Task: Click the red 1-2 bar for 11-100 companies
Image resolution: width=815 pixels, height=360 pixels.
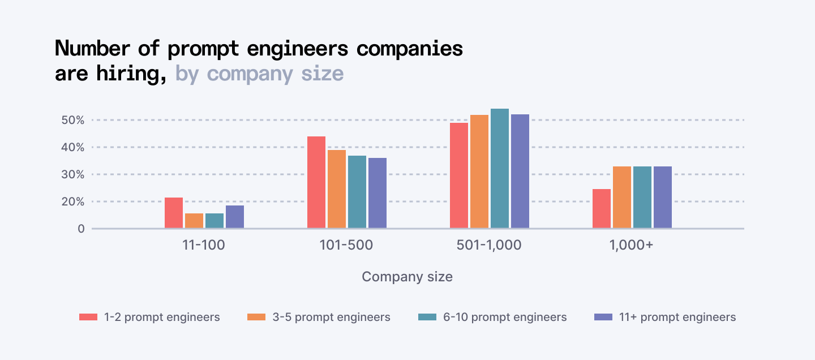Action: (x=174, y=213)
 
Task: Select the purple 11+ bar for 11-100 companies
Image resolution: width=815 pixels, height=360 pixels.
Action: (x=235, y=217)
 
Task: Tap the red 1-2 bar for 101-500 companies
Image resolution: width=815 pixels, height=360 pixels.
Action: (x=316, y=182)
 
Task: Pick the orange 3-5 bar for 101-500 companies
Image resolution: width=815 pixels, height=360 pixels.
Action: (x=337, y=189)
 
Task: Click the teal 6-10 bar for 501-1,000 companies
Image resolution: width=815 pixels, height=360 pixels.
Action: (x=500, y=169)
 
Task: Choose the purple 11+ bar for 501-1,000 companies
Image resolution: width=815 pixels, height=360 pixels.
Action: (x=520, y=172)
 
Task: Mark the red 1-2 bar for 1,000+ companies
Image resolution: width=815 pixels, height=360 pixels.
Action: (x=602, y=209)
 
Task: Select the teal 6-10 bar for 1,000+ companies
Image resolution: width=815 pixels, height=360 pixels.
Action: (x=642, y=198)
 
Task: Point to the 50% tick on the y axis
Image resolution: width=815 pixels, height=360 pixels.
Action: (x=73, y=120)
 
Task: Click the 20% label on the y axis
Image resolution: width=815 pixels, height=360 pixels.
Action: (x=73, y=202)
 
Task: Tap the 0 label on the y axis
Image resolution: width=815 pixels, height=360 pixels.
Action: (x=81, y=229)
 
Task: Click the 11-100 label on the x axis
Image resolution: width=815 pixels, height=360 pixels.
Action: (x=204, y=246)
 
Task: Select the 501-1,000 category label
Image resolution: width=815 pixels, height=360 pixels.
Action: (x=489, y=246)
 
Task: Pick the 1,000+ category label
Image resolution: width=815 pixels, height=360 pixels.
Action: (x=632, y=246)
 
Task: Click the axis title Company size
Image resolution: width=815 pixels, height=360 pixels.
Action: (x=407, y=277)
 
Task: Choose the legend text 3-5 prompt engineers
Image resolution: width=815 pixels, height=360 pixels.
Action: (x=331, y=317)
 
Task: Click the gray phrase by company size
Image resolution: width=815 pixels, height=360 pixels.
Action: (x=259, y=74)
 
